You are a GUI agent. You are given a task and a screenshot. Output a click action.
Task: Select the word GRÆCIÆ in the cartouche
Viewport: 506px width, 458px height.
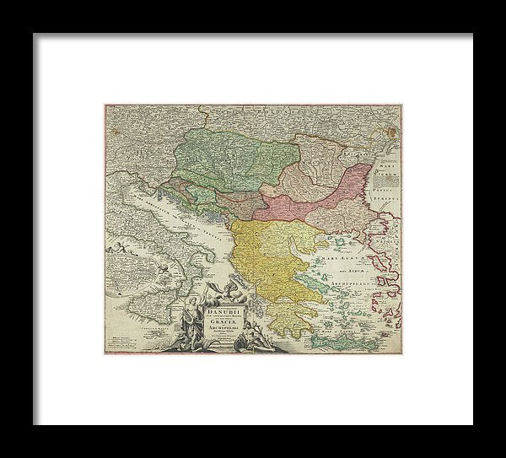[x=220, y=321]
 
